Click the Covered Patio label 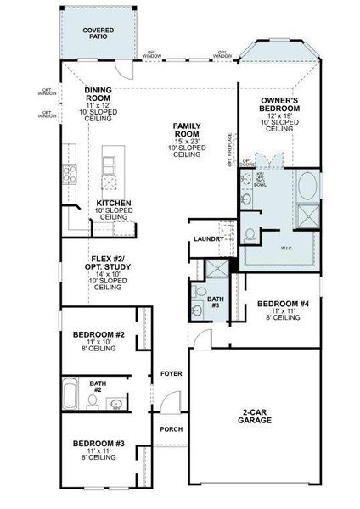click(99, 33)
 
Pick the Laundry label click(209, 239)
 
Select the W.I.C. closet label click(283, 249)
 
